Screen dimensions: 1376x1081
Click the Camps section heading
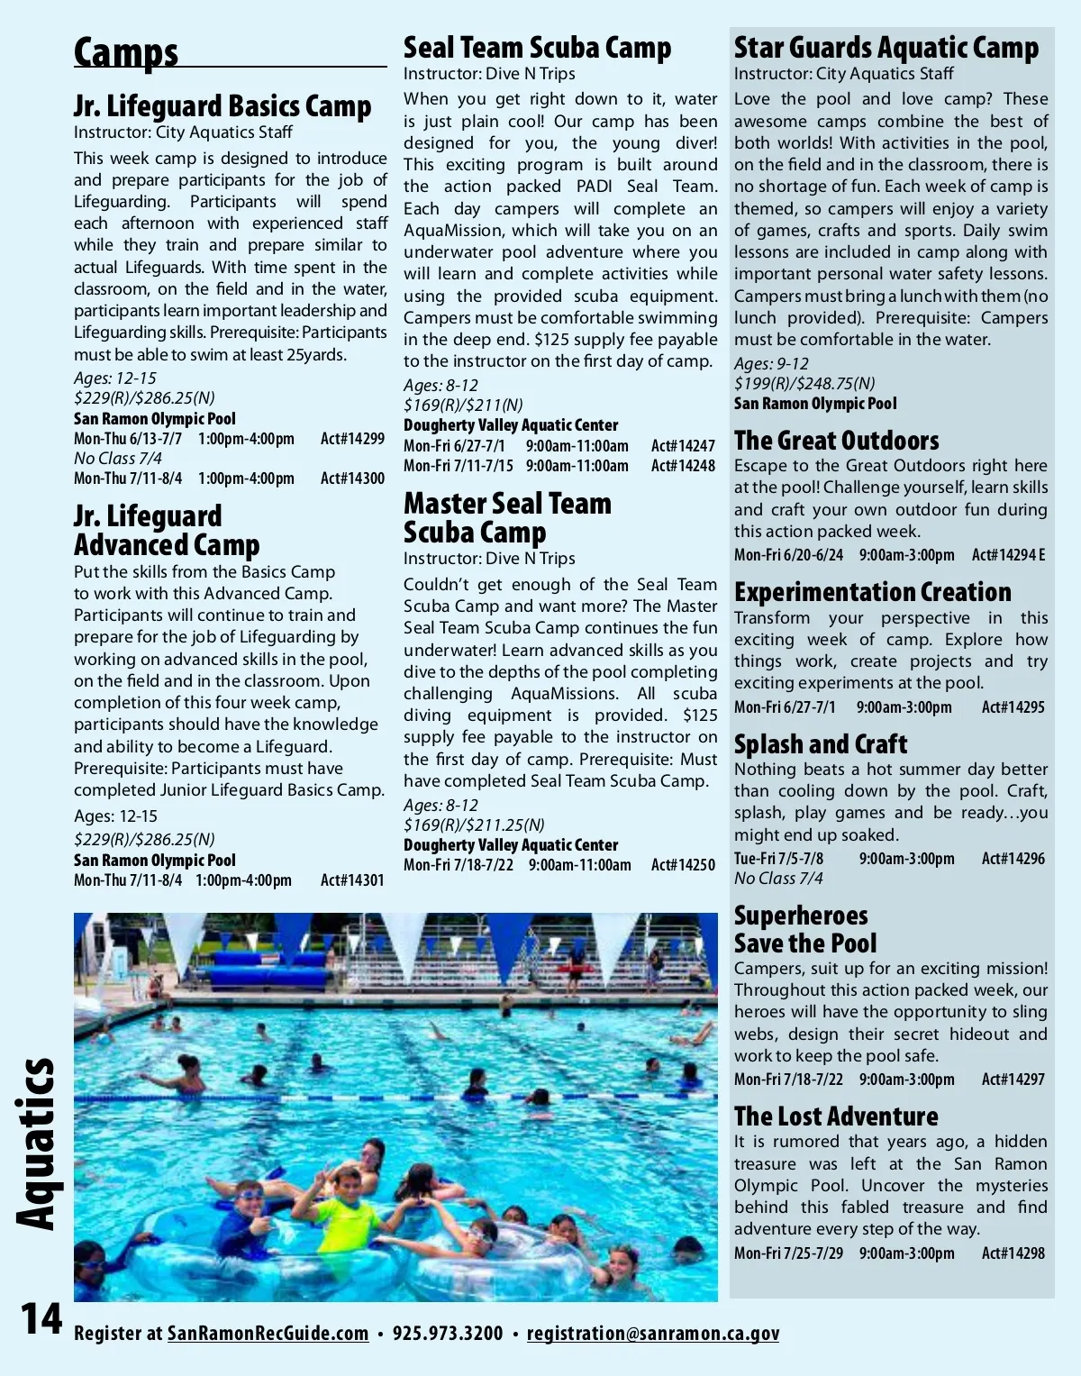(126, 52)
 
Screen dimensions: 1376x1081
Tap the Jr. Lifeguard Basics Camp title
(222, 106)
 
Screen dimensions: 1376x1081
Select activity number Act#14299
(352, 439)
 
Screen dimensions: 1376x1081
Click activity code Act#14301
(352, 880)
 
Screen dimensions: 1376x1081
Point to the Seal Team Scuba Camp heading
(537, 47)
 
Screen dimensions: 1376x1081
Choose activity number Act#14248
(683, 466)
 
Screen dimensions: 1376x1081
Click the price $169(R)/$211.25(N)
(474, 825)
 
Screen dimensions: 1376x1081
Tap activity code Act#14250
(683, 865)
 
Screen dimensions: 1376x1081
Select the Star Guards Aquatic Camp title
(886, 47)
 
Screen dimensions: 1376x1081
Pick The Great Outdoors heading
(836, 441)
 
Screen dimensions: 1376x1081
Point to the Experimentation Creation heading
(872, 592)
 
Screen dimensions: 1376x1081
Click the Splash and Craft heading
(820, 744)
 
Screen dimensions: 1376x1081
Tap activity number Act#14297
(1013, 1080)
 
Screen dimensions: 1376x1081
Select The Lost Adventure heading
(836, 1116)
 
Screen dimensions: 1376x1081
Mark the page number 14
(41, 1319)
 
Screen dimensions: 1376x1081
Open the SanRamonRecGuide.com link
(268, 1334)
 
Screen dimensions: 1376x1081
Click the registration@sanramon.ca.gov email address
(652, 1334)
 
